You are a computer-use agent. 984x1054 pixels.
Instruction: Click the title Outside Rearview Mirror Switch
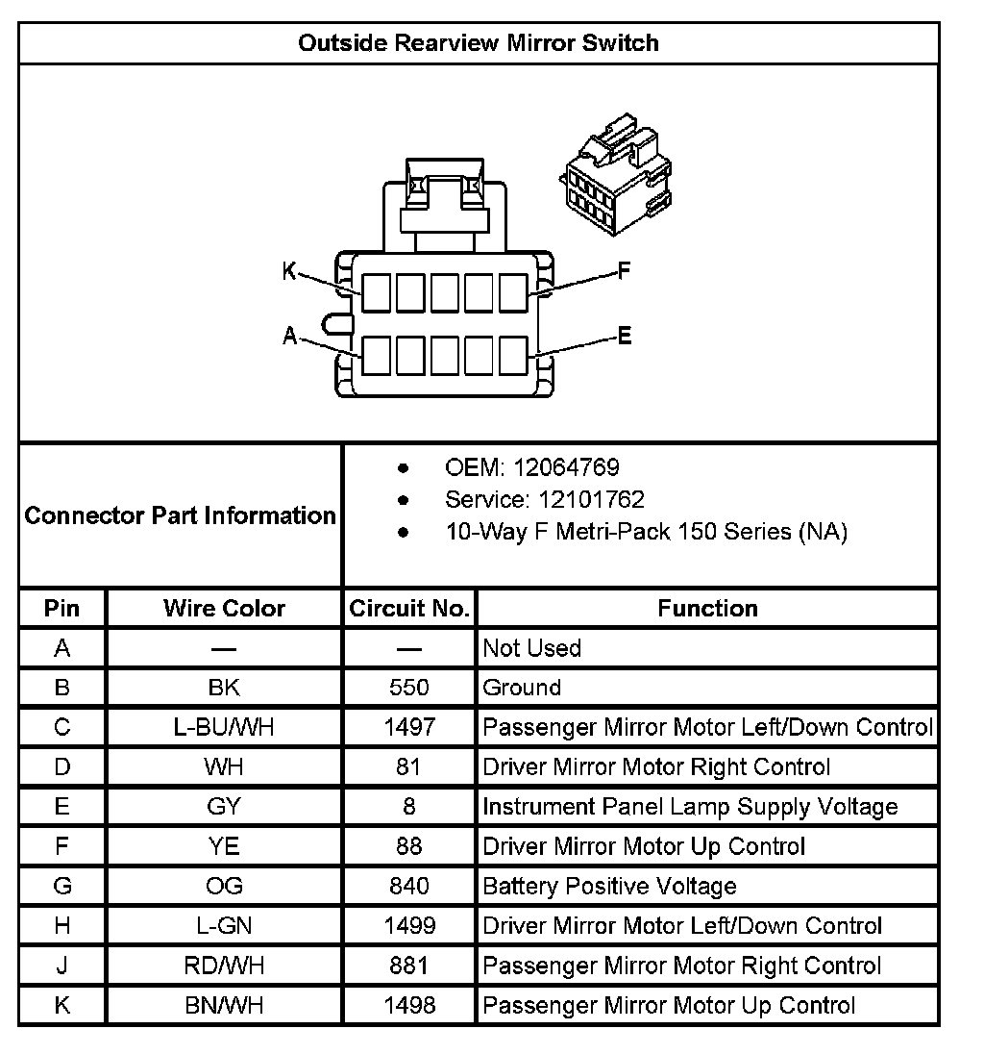(478, 43)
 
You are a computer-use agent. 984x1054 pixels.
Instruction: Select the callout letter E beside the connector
(625, 336)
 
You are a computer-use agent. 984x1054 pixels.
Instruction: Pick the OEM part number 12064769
(566, 467)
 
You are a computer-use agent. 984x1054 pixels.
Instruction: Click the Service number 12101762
(578, 499)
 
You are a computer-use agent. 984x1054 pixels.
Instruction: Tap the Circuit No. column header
(409, 608)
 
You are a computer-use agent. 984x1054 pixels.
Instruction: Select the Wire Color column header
(224, 608)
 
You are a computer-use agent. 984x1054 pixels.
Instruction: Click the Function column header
(707, 608)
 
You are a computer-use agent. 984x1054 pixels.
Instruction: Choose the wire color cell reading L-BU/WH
(224, 727)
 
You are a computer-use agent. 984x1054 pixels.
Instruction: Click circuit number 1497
(409, 727)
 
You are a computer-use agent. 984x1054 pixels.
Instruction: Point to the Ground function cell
(522, 688)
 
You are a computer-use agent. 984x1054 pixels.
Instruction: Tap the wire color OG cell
(224, 886)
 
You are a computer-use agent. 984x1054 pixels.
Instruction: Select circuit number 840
(409, 886)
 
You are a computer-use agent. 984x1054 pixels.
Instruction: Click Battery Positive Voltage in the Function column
(609, 886)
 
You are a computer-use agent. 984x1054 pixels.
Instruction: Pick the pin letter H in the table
(62, 926)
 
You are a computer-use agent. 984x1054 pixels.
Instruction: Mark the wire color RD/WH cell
(224, 966)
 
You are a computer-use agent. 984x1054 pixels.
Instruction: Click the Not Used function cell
(531, 648)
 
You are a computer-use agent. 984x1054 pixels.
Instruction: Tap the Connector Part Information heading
(181, 515)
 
